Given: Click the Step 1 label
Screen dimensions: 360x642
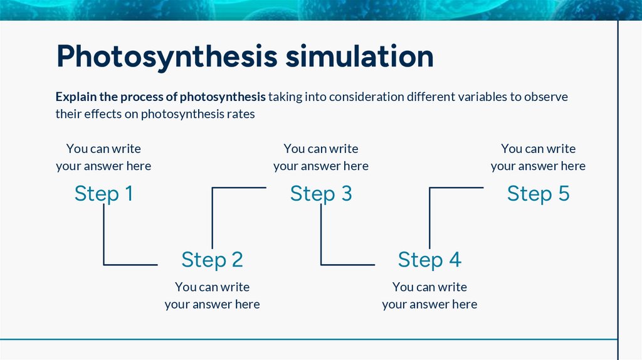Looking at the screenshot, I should point(103,193).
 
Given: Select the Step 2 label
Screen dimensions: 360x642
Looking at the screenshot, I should point(212,259).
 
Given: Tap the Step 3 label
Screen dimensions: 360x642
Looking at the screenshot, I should point(321,193).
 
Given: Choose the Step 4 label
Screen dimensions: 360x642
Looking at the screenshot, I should point(429,259).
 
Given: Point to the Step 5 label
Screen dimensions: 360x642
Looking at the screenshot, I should point(538,193).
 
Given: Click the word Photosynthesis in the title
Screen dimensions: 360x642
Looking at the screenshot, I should point(166,56).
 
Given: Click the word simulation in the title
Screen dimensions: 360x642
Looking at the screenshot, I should point(359,56).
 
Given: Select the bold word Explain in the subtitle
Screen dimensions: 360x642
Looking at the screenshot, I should point(75,97).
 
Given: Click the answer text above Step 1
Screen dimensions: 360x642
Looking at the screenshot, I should point(103,157).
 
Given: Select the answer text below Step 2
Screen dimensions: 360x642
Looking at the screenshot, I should point(212,295).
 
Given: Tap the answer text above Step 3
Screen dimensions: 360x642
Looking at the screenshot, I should point(321,157).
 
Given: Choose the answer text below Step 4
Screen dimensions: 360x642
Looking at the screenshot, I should point(429,295).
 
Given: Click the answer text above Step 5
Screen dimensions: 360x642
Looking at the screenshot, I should point(538,157).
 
